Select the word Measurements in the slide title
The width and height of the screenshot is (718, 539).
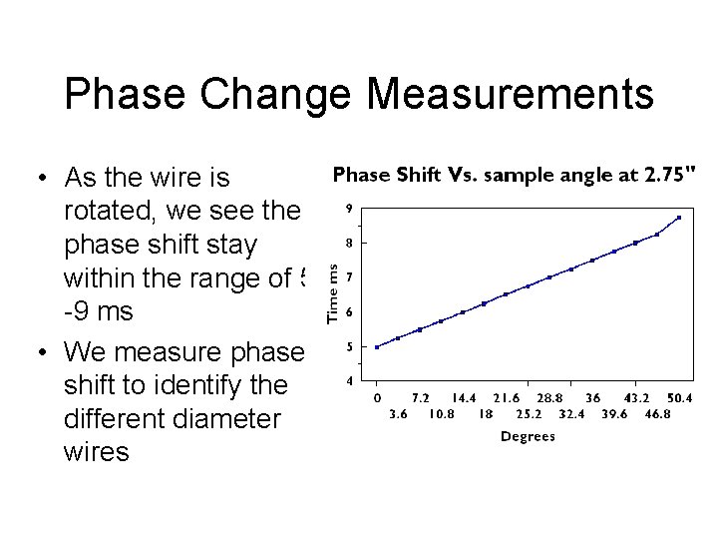coord(510,95)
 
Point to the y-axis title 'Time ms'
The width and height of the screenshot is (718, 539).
coord(335,292)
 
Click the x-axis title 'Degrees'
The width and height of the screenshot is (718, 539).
coord(528,436)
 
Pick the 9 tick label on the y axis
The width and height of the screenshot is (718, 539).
coord(348,209)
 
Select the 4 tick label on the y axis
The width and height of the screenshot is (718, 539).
coord(348,380)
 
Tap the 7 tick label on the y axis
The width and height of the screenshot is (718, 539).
coord(348,277)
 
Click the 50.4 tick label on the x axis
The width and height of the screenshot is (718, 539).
coord(678,398)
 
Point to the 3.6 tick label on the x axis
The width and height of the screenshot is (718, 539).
coord(397,413)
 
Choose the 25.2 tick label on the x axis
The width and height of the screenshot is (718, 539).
coord(529,413)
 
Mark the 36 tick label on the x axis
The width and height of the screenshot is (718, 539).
coord(592,398)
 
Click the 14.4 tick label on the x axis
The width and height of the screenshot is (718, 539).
coord(464,398)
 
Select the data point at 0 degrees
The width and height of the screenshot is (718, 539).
coord(377,347)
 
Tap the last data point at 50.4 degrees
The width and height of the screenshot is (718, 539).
coord(678,218)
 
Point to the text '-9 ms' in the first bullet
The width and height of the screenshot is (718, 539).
coord(98,311)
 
